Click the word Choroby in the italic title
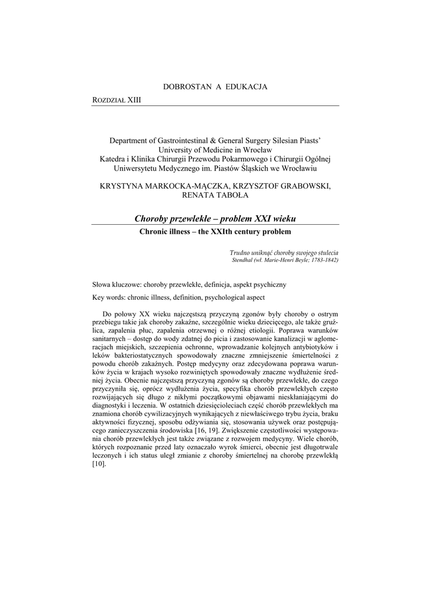pos(153,218)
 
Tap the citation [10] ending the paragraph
pos(99,464)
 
